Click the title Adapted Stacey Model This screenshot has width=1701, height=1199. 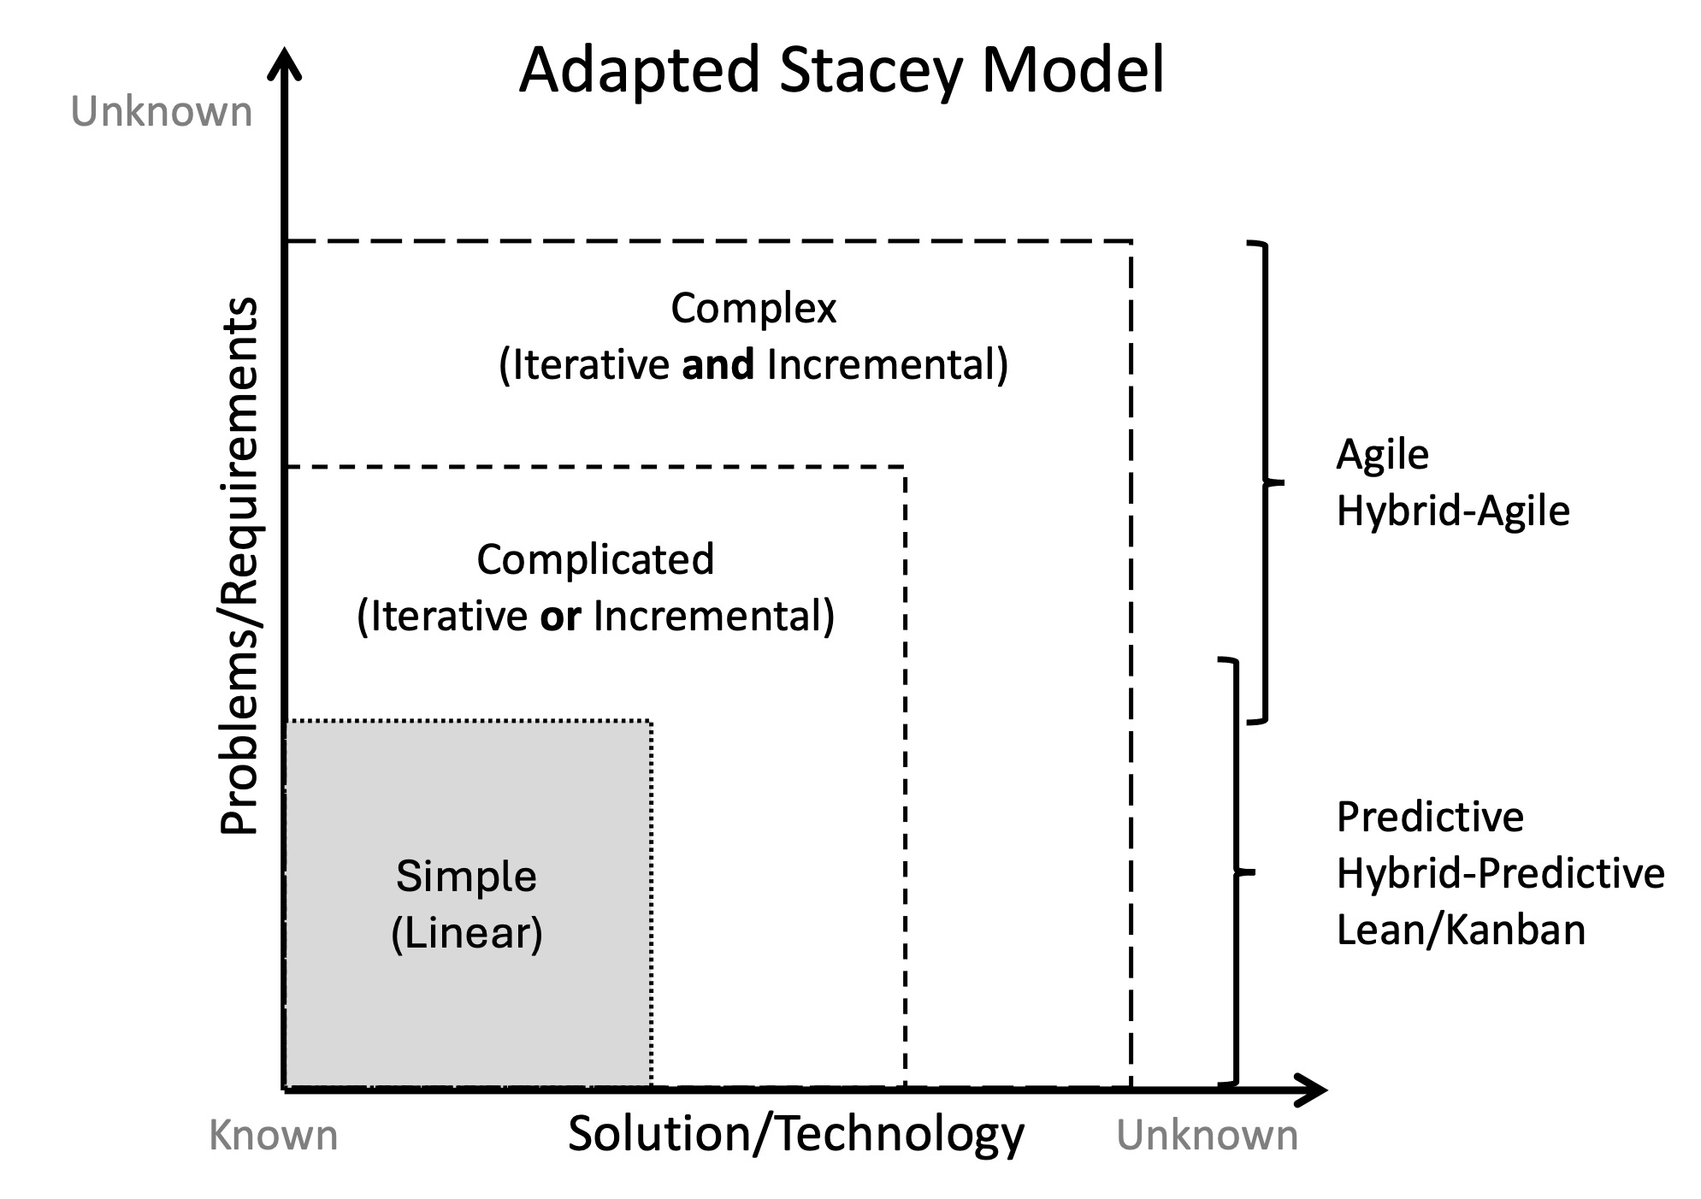pyautogui.click(x=842, y=70)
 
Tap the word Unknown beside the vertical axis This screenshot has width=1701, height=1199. pyautogui.click(x=162, y=113)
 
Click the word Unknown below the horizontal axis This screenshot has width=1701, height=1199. pyautogui.click(x=1207, y=1136)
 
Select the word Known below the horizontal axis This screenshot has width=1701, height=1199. pyautogui.click(x=274, y=1136)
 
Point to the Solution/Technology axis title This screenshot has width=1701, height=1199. pyautogui.click(x=795, y=1134)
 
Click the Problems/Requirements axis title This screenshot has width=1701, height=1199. pyautogui.click(x=239, y=564)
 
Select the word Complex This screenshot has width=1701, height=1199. pyautogui.click(x=753, y=308)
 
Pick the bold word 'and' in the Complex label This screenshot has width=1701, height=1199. pyautogui.click(x=718, y=365)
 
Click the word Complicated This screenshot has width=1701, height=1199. pyautogui.click(x=595, y=559)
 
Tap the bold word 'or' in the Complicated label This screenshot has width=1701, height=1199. pyautogui.click(x=560, y=617)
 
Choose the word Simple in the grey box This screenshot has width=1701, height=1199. pyautogui.click(x=466, y=876)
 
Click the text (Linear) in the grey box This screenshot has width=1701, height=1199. pyautogui.click(x=466, y=932)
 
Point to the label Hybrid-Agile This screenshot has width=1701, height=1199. pyautogui.click(x=1453, y=511)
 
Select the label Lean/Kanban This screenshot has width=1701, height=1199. pyautogui.click(x=1461, y=930)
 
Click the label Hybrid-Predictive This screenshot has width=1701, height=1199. pyautogui.click(x=1500, y=873)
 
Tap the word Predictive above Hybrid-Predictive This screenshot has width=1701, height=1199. pyautogui.click(x=1430, y=817)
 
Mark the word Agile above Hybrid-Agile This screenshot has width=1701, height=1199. pyautogui.click(x=1382, y=454)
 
